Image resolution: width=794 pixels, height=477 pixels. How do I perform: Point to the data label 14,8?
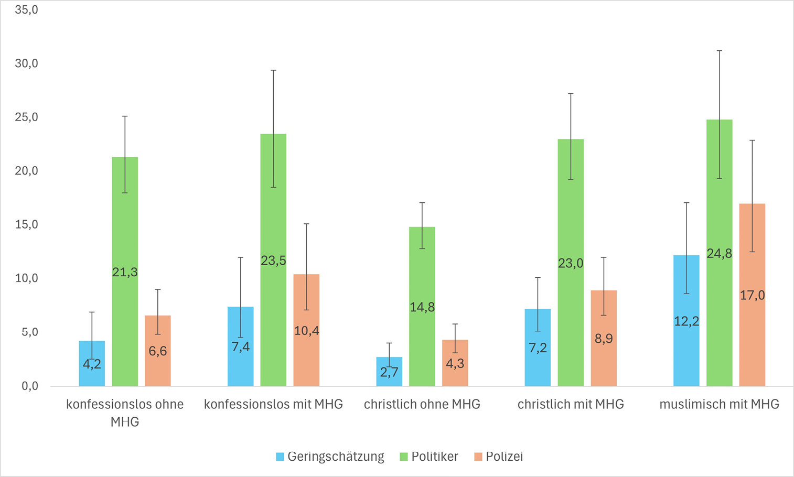pos(422,307)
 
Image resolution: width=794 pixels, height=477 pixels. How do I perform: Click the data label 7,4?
pos(241,346)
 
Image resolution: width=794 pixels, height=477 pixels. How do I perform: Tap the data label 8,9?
pos(604,339)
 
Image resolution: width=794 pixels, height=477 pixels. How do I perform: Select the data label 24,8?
pos(719,254)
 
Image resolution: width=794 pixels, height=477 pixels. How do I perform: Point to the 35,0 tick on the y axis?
pos(27,9)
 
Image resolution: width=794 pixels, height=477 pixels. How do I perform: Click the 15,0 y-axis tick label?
pos(27,224)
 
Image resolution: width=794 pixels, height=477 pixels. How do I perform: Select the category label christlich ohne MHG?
pos(422,404)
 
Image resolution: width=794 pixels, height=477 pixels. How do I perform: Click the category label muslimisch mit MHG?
pos(719,404)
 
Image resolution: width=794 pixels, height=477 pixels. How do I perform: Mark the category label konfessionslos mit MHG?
pos(273,404)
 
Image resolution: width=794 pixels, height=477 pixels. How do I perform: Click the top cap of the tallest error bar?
pos(719,51)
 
